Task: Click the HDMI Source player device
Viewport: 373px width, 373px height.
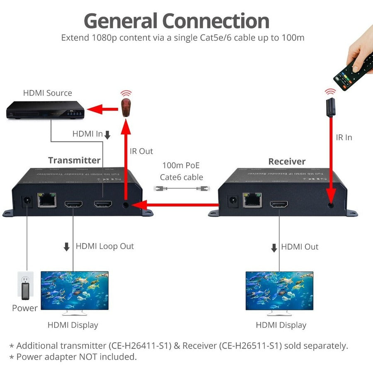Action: (x=45, y=111)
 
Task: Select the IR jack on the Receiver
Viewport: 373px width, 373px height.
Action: (x=330, y=204)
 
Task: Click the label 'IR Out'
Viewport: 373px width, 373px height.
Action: (x=141, y=151)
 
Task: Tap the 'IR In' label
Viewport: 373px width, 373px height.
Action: (x=344, y=137)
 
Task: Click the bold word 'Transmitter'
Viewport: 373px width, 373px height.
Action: (x=74, y=160)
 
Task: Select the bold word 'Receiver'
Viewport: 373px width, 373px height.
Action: (x=287, y=162)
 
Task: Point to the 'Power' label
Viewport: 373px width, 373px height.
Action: (x=25, y=308)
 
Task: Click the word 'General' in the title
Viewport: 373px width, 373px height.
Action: (x=120, y=21)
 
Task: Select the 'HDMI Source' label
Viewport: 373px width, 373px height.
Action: (x=47, y=93)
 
